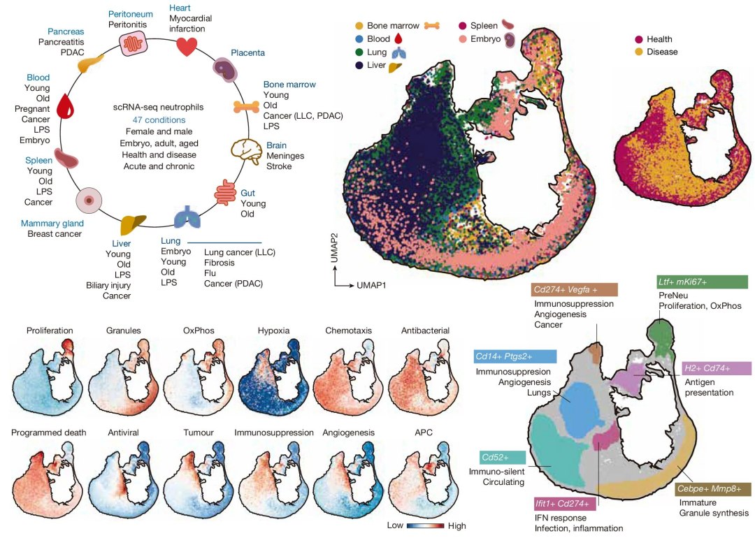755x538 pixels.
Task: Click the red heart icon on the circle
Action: (187, 46)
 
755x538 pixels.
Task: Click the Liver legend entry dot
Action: (359, 66)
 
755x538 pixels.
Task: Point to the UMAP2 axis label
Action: (336, 252)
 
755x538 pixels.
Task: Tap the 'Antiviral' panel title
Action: (124, 432)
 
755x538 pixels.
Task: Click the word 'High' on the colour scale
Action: (455, 525)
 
